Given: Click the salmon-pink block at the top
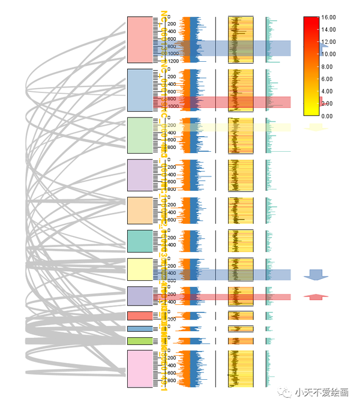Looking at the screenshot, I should pos(140,40).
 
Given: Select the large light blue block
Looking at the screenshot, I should pos(140,90).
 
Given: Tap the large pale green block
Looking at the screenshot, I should pos(140,136).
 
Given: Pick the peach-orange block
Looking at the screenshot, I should pos(140,210).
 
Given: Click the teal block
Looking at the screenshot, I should pos(140,241).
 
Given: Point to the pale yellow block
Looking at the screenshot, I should pos(140,269).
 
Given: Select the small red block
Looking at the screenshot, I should pos(140,316).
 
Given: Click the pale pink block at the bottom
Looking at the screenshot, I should pos(140,369).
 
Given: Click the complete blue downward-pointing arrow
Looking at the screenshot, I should pos(316,275).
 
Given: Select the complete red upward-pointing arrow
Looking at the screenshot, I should pos(316,296).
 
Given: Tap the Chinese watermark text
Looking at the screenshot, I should pos(322,393).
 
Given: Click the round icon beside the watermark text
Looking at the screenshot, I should pos(284,393).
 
